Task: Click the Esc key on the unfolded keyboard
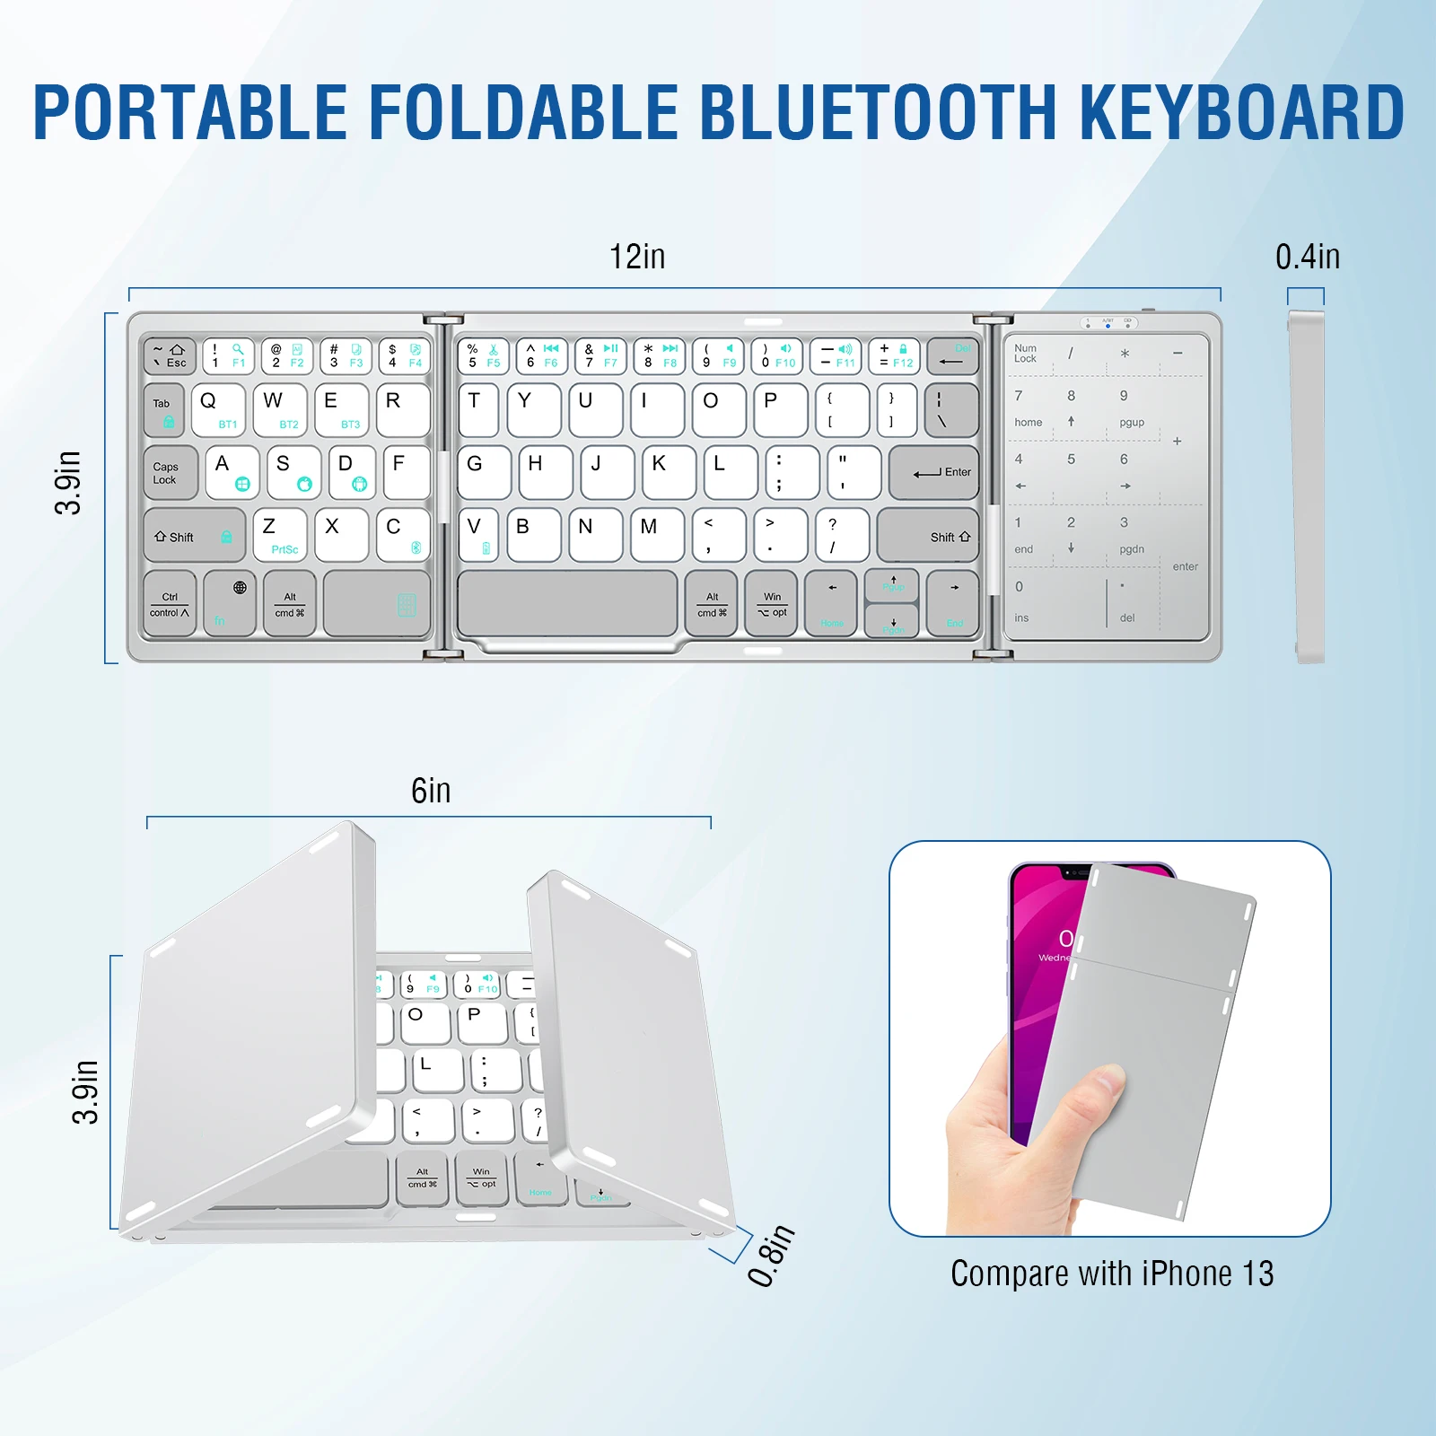[x=170, y=356]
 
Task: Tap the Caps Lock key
[x=170, y=473]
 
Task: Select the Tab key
[x=164, y=410]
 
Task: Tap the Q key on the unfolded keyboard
[x=217, y=410]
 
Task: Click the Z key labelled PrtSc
[x=280, y=536]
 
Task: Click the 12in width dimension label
[x=637, y=258]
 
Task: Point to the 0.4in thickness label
[x=1307, y=258]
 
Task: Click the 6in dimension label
[x=431, y=792]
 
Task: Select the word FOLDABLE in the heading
[x=522, y=114]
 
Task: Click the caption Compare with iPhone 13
[x=1111, y=1274]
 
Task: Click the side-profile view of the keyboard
[x=1307, y=486]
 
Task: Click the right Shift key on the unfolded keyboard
[x=928, y=537]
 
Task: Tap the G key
[x=484, y=473]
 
